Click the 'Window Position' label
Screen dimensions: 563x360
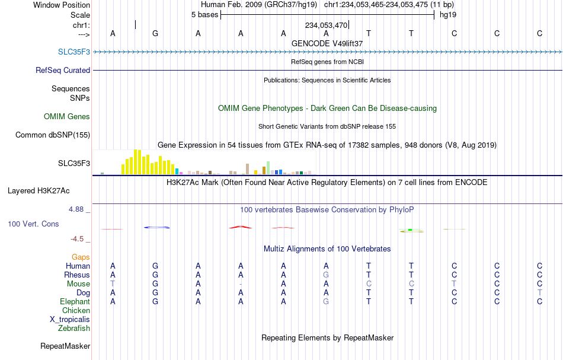point(62,5)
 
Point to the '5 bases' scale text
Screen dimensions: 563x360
point(204,15)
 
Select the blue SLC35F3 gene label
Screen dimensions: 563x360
point(74,52)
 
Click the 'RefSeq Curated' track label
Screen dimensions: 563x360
point(63,70)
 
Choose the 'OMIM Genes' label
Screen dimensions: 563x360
point(67,116)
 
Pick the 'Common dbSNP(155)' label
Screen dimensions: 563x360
point(53,135)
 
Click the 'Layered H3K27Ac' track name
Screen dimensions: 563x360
point(39,191)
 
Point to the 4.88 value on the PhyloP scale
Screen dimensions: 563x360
point(76,209)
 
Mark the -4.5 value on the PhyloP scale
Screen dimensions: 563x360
point(77,239)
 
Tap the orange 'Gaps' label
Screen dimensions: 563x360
point(81,257)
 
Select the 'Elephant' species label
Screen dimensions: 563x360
point(75,301)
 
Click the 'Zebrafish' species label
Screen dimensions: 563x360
point(74,328)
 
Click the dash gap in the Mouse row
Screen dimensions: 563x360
point(241,284)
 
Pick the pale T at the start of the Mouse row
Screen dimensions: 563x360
point(113,284)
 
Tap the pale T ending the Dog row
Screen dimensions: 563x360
point(539,293)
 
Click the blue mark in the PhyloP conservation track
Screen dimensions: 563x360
point(157,227)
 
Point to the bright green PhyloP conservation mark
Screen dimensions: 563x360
point(410,230)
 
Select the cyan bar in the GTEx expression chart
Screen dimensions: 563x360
point(177,171)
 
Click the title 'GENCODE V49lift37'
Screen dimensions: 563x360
point(327,43)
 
